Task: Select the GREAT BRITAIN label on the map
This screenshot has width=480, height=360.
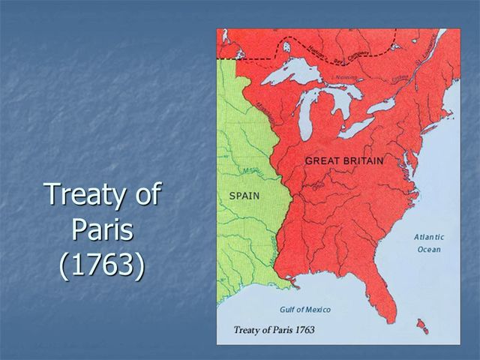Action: [x=344, y=161]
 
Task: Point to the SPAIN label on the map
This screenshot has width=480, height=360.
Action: [x=244, y=196]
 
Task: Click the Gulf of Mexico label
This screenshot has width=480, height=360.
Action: [x=305, y=310]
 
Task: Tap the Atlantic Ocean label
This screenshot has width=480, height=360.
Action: [x=429, y=242]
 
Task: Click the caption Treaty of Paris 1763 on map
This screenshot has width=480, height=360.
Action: [x=274, y=330]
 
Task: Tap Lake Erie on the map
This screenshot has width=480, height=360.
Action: [x=355, y=127]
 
